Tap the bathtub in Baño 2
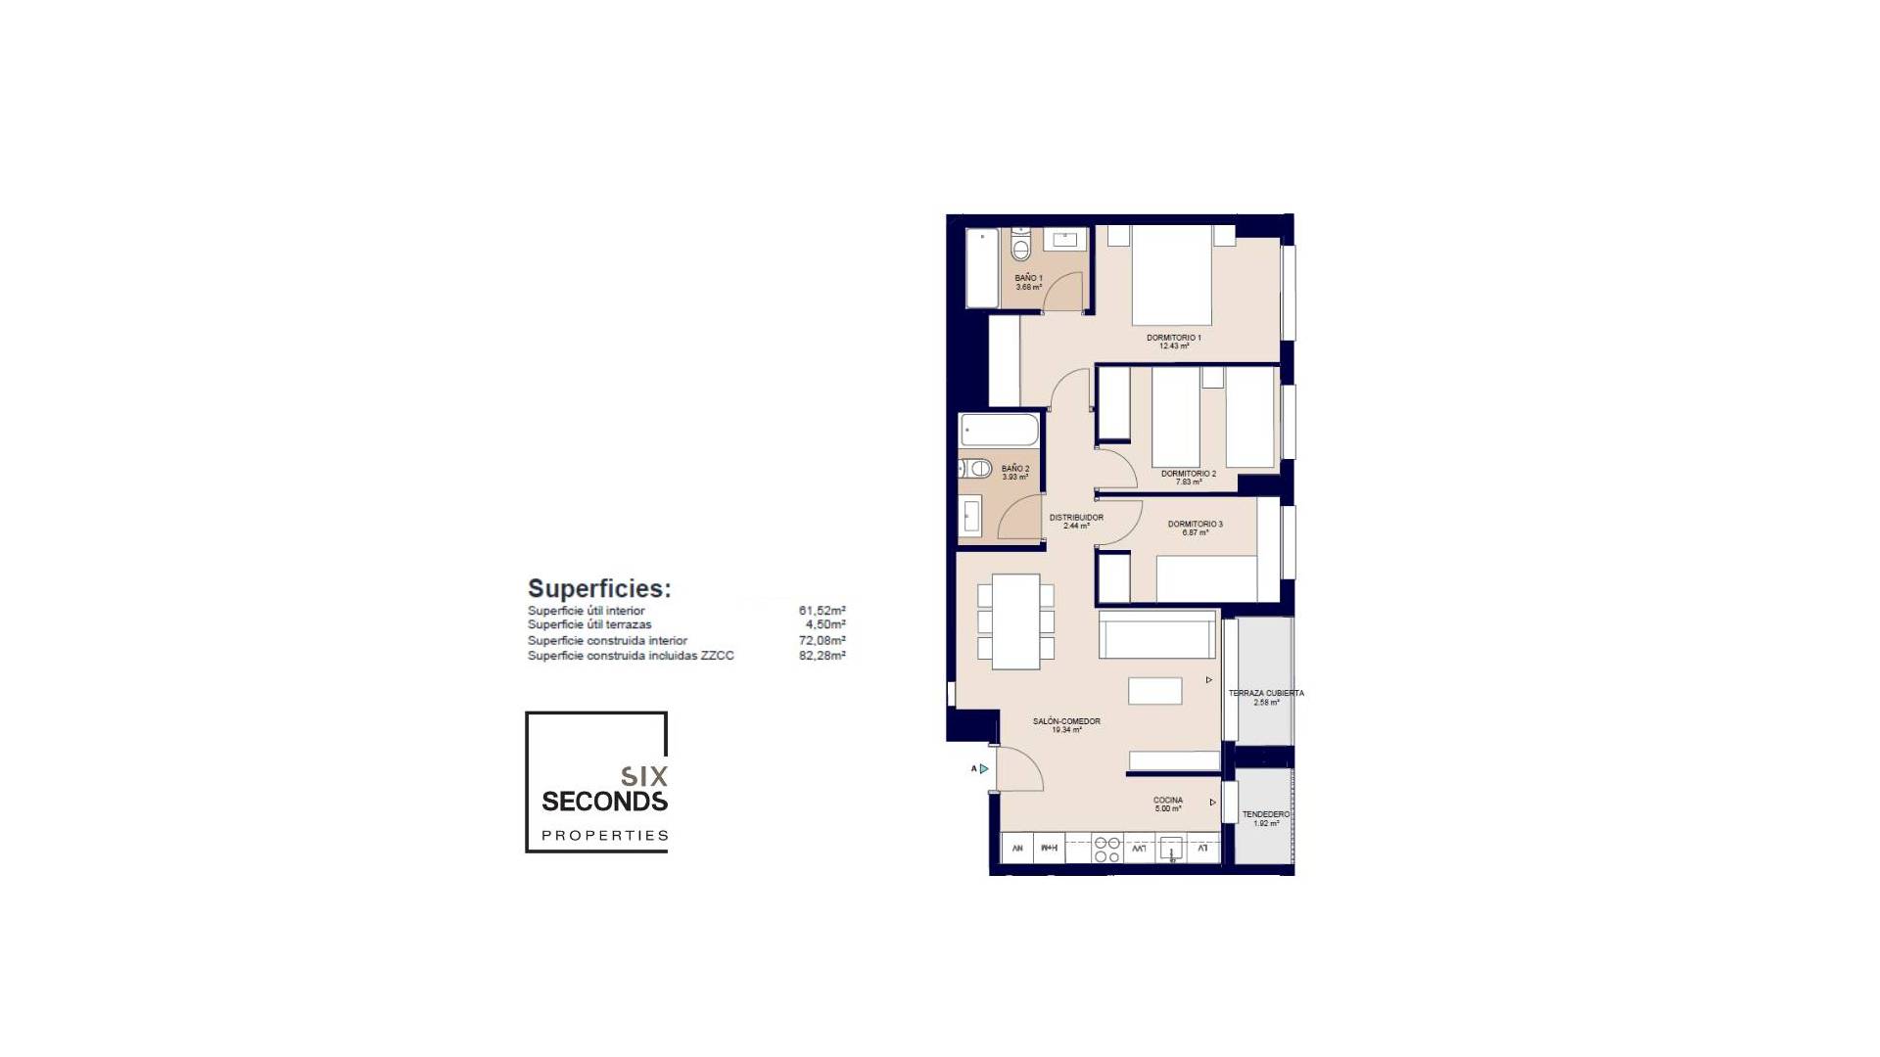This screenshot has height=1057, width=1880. [x=999, y=430]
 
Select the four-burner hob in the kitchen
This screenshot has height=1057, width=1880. [x=1106, y=849]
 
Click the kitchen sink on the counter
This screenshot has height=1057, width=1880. [x=1171, y=849]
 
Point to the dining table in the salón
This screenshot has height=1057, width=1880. [x=1015, y=621]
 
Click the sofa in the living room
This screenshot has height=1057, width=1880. [x=1156, y=634]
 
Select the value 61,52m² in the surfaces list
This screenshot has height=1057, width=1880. [x=822, y=611]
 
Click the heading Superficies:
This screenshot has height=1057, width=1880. [x=599, y=588]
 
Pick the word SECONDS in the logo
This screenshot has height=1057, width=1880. [x=604, y=802]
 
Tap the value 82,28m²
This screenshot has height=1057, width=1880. [x=822, y=656]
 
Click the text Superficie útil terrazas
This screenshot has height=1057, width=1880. [x=589, y=624]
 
